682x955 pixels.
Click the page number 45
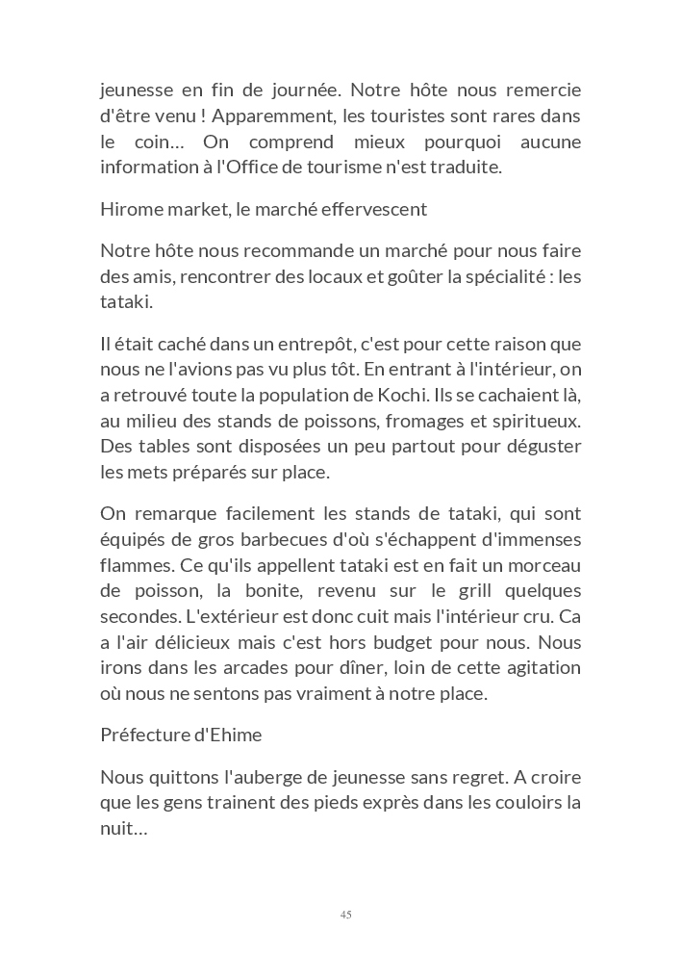pyautogui.click(x=345, y=915)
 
